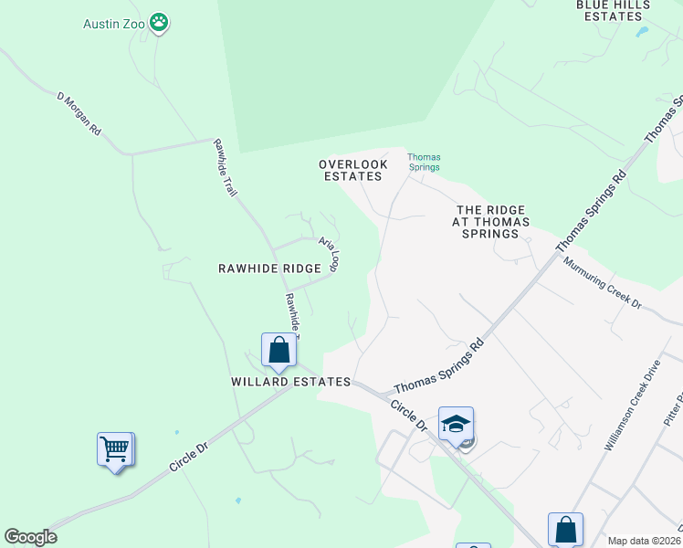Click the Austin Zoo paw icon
coord(160,22)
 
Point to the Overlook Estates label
coord(352,170)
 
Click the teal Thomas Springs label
coord(424,162)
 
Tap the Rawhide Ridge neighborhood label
coord(269,269)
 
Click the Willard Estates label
coord(290,382)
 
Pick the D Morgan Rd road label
coord(79,113)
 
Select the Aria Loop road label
coord(329,253)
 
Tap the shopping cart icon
coord(116,449)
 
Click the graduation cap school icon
coord(456,424)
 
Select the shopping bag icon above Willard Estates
coord(278,350)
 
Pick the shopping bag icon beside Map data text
coord(565,530)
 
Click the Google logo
coord(30,537)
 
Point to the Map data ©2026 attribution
coord(644,541)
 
